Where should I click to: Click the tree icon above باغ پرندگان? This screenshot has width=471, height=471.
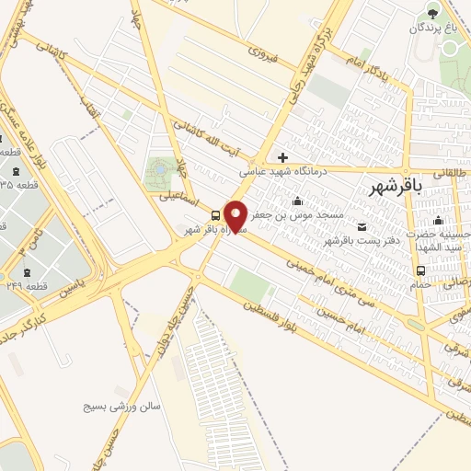coord(434,13)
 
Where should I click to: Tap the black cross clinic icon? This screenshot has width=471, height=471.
coord(283,157)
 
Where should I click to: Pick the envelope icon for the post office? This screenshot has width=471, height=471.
coord(360,226)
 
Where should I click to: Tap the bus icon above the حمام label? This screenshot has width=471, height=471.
coord(420,270)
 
